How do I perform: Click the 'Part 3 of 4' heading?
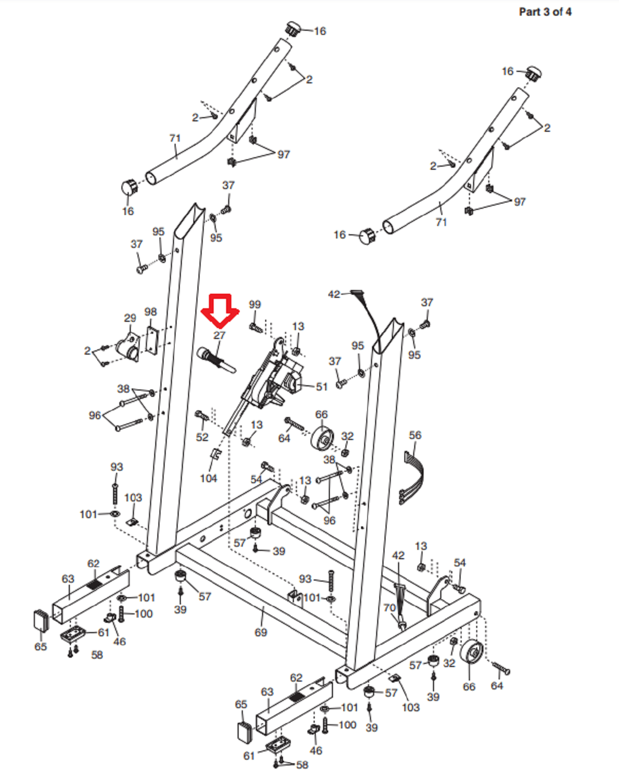(x=544, y=12)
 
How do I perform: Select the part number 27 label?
(x=219, y=336)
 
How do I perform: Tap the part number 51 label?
(x=321, y=387)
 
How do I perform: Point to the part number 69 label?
(x=261, y=632)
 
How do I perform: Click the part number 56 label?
(x=415, y=435)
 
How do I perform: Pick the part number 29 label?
(x=130, y=318)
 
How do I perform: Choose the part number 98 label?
(x=151, y=312)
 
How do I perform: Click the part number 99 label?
(x=255, y=305)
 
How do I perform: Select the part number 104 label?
(x=208, y=478)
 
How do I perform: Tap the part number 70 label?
(x=389, y=608)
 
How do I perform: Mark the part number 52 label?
(x=202, y=437)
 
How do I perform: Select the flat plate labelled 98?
(x=152, y=339)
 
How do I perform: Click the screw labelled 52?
(x=202, y=415)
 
